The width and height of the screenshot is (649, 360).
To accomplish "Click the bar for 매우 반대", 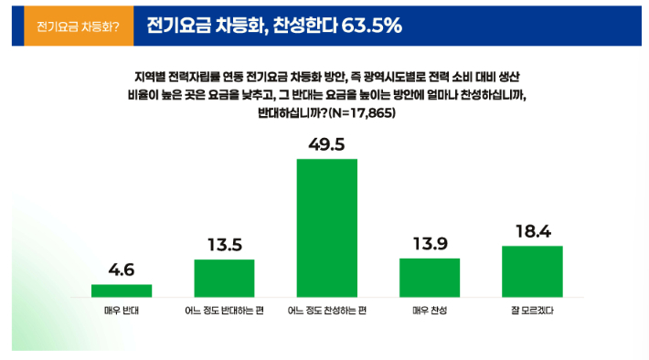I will [x=122, y=291].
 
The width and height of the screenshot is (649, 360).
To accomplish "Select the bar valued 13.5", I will [x=224, y=278].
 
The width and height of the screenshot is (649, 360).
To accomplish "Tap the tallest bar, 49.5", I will [x=326, y=228].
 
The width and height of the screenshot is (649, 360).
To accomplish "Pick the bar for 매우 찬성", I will [x=430, y=277].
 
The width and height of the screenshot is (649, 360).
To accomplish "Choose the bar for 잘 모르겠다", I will [x=532, y=271].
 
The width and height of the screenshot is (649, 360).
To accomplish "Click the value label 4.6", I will [x=122, y=270].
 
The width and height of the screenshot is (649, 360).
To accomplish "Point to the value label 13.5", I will [x=224, y=246].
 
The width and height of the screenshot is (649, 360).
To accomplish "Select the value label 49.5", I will [x=326, y=144].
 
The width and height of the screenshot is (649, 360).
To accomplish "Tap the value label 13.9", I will [x=430, y=244].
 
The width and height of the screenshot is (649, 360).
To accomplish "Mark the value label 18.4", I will [x=532, y=232].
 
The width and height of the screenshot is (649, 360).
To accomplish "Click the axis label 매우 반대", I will [x=122, y=311].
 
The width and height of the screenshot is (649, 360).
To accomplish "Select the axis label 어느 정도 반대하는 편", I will [x=224, y=311].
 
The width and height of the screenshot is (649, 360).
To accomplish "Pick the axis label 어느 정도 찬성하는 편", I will [x=326, y=311].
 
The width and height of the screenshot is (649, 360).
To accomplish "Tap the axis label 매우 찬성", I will [x=430, y=311].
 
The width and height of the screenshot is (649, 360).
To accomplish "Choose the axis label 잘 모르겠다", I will [x=532, y=311].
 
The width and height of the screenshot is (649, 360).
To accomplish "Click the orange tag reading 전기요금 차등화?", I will [x=73, y=26].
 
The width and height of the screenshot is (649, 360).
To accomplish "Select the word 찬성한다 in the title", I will [x=305, y=26].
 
